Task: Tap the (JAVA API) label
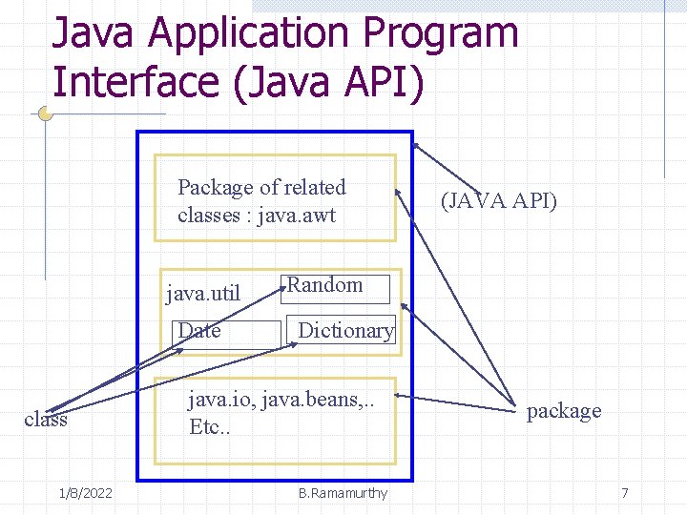(499, 201)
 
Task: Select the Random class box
(335, 287)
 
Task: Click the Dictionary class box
(345, 332)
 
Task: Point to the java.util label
(203, 292)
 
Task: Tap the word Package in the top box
(214, 188)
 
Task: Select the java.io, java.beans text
(281, 399)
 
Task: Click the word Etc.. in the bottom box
(208, 426)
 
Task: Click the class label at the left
(45, 420)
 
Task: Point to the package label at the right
(564, 411)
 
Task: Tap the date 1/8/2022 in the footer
(85, 493)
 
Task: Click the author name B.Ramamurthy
(343, 493)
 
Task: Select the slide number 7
(625, 493)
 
